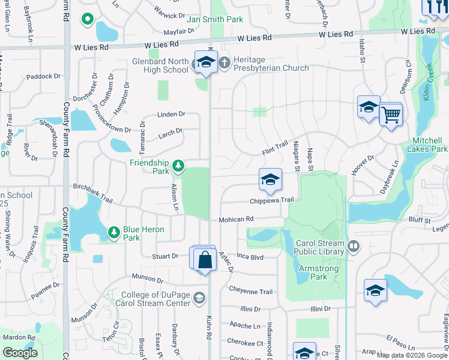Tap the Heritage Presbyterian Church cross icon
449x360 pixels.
(x=223, y=62)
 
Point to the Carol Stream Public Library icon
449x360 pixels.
(x=354, y=245)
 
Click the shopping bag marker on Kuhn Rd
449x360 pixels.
(x=205, y=260)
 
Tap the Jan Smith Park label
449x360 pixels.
(x=215, y=19)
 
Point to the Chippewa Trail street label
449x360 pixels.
(x=272, y=200)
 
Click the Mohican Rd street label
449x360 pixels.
(x=236, y=220)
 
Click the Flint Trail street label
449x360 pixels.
(x=274, y=149)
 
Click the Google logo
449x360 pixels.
(x=20, y=353)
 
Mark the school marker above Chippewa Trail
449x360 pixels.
(x=270, y=179)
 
